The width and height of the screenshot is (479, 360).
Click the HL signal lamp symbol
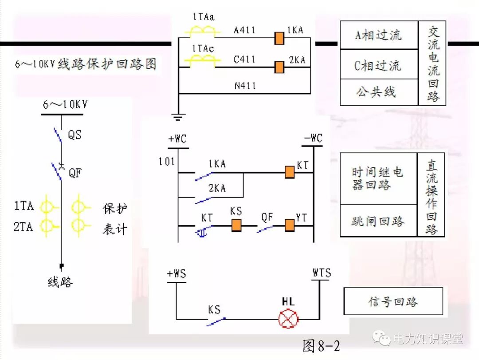click(x=288, y=318)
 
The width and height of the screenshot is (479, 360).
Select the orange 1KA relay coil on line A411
click(x=279, y=39)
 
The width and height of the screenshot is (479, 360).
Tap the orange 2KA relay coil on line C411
click(x=279, y=67)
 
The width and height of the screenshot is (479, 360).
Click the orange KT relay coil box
click(x=289, y=172)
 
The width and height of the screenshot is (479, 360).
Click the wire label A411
click(x=245, y=30)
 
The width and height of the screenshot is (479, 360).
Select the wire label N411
click(x=245, y=85)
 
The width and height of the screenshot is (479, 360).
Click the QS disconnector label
click(x=75, y=135)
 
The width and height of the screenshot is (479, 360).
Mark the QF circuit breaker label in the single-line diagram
click(x=75, y=173)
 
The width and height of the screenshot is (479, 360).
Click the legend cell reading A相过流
click(x=379, y=35)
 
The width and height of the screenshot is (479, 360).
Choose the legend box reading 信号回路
click(x=393, y=301)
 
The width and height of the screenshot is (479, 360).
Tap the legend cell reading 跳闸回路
click(x=378, y=221)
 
